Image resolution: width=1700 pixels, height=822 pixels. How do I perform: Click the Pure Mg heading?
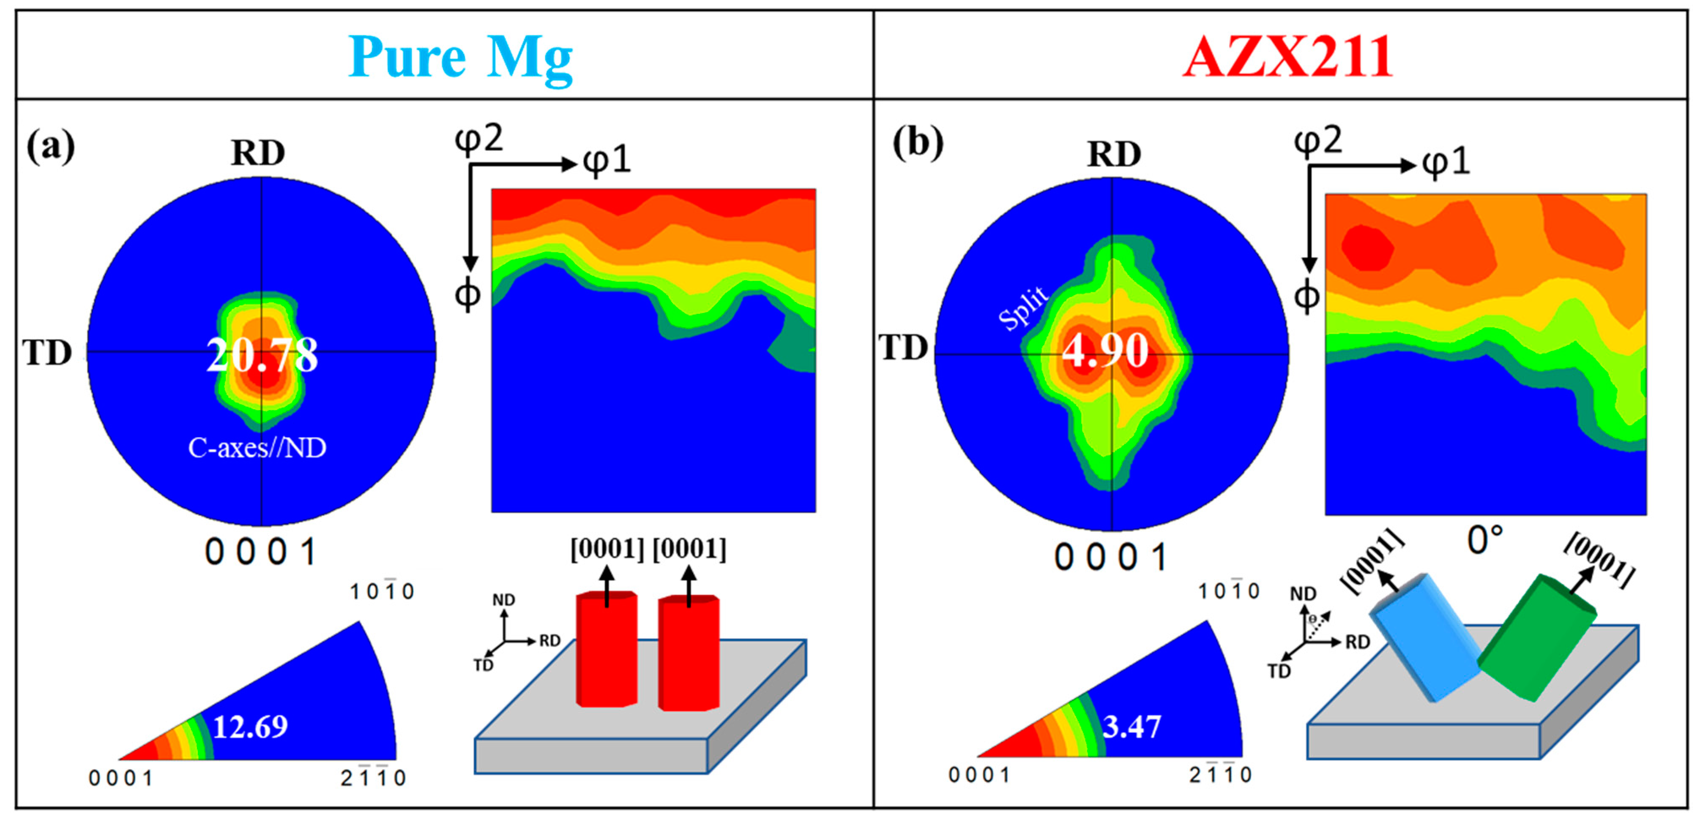tap(460, 58)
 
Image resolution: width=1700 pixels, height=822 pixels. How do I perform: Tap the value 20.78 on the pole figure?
tap(262, 355)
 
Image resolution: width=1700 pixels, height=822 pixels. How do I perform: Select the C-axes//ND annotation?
tap(257, 448)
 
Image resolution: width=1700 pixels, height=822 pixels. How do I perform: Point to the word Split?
tap(1022, 308)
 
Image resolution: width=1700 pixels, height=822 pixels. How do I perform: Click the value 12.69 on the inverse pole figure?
tap(250, 727)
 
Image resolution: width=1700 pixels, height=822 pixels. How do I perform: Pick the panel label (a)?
tap(50, 147)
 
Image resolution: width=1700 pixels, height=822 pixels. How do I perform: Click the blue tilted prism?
tap(1425, 637)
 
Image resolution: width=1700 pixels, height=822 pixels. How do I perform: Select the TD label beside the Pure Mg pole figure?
tap(47, 353)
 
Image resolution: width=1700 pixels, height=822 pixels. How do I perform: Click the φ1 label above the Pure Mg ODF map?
tap(607, 161)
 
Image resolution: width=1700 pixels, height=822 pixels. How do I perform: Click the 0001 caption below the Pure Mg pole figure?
tap(261, 552)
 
